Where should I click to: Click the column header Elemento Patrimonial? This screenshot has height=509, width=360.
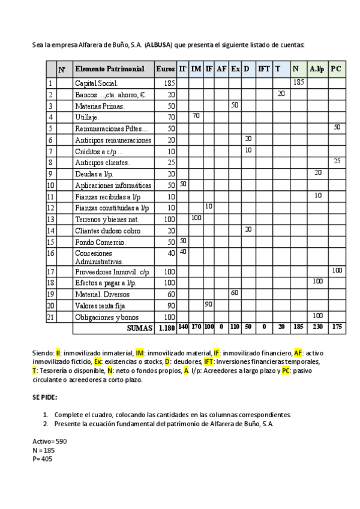[110, 70]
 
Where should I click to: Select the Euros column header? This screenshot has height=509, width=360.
[166, 70]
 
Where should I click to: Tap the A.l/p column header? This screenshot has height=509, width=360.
[316, 70]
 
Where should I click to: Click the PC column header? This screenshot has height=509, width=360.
[336, 70]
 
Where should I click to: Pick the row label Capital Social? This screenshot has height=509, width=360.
[97, 83]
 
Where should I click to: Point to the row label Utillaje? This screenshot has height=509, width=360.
[88, 117]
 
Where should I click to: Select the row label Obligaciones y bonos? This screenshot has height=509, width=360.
[104, 316]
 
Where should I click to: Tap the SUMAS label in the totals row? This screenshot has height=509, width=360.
[139, 328]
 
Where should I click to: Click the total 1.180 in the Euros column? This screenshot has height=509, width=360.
[166, 328]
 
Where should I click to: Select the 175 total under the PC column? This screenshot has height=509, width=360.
[337, 328]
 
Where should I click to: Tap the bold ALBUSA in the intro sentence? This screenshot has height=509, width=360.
[160, 45]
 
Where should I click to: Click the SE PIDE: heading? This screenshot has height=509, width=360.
[44, 397]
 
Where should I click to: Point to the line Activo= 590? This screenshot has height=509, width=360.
[50, 441]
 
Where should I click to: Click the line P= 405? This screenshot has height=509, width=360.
[43, 458]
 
